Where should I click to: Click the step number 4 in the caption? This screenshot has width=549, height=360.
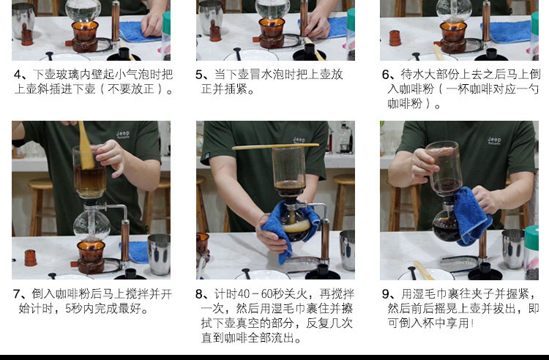point(18,75)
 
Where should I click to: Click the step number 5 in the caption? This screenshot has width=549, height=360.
point(199,75)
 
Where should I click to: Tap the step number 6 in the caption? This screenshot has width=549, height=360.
point(386,75)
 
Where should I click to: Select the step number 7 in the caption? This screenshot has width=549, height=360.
point(17,294)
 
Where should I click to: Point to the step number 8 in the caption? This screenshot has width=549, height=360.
point(199,294)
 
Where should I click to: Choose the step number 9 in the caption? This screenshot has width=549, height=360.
point(386,294)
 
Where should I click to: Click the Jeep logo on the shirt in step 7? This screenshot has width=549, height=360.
point(123,135)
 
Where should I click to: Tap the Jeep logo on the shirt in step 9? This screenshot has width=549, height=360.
point(494,140)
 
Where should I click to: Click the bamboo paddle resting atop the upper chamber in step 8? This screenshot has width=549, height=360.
point(275,146)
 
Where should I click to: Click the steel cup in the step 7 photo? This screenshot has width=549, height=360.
point(159,255)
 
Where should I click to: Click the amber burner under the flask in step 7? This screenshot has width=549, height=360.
point(91,257)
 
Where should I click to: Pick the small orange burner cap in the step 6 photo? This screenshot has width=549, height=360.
point(395,38)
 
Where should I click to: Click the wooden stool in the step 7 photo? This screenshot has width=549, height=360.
point(41,207)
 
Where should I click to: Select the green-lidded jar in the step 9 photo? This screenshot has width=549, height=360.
point(531,252)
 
